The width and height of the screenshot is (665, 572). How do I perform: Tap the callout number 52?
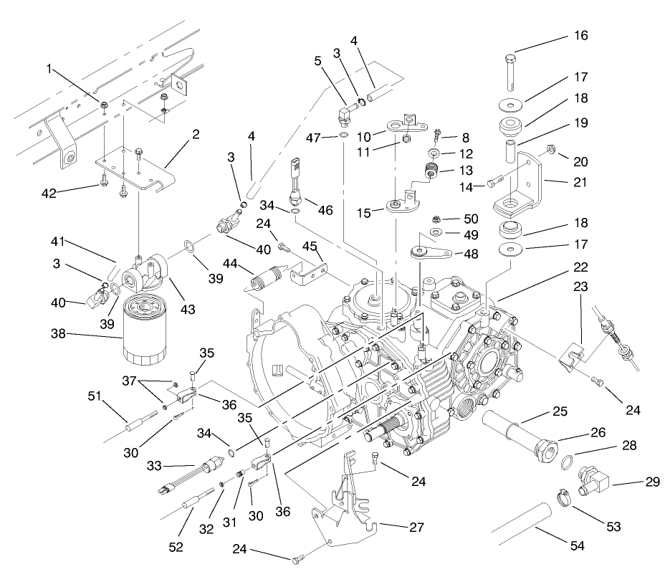(176, 548)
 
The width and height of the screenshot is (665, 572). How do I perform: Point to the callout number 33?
(155, 466)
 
